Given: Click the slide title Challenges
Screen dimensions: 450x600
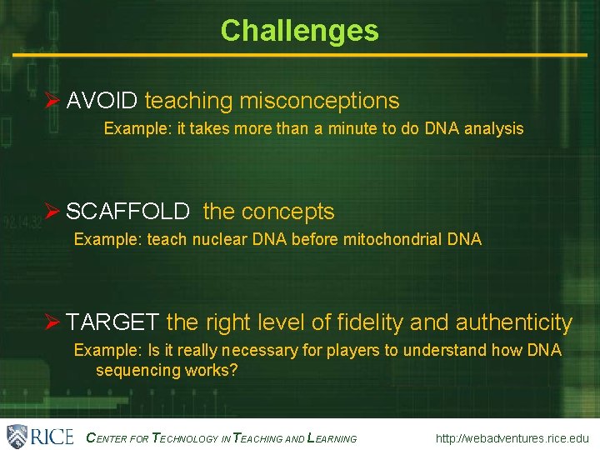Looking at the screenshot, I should [299, 31].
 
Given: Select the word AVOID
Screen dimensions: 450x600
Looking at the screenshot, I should [102, 102].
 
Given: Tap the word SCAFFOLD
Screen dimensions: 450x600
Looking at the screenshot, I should [127, 212].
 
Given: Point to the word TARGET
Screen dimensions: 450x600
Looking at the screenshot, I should [112, 322].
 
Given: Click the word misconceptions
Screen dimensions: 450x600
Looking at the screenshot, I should [319, 102].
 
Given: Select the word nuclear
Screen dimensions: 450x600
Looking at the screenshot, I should [220, 240].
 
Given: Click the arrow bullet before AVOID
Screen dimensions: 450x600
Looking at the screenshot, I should [52, 102].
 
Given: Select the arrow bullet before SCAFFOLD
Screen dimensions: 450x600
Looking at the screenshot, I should [52, 212].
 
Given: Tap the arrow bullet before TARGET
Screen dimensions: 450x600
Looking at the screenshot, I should [52, 322].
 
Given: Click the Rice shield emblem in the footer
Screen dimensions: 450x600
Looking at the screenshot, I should [17, 436].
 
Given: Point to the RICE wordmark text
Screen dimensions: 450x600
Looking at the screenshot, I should [52, 437].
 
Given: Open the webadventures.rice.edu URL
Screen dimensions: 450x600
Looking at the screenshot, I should [512, 438].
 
